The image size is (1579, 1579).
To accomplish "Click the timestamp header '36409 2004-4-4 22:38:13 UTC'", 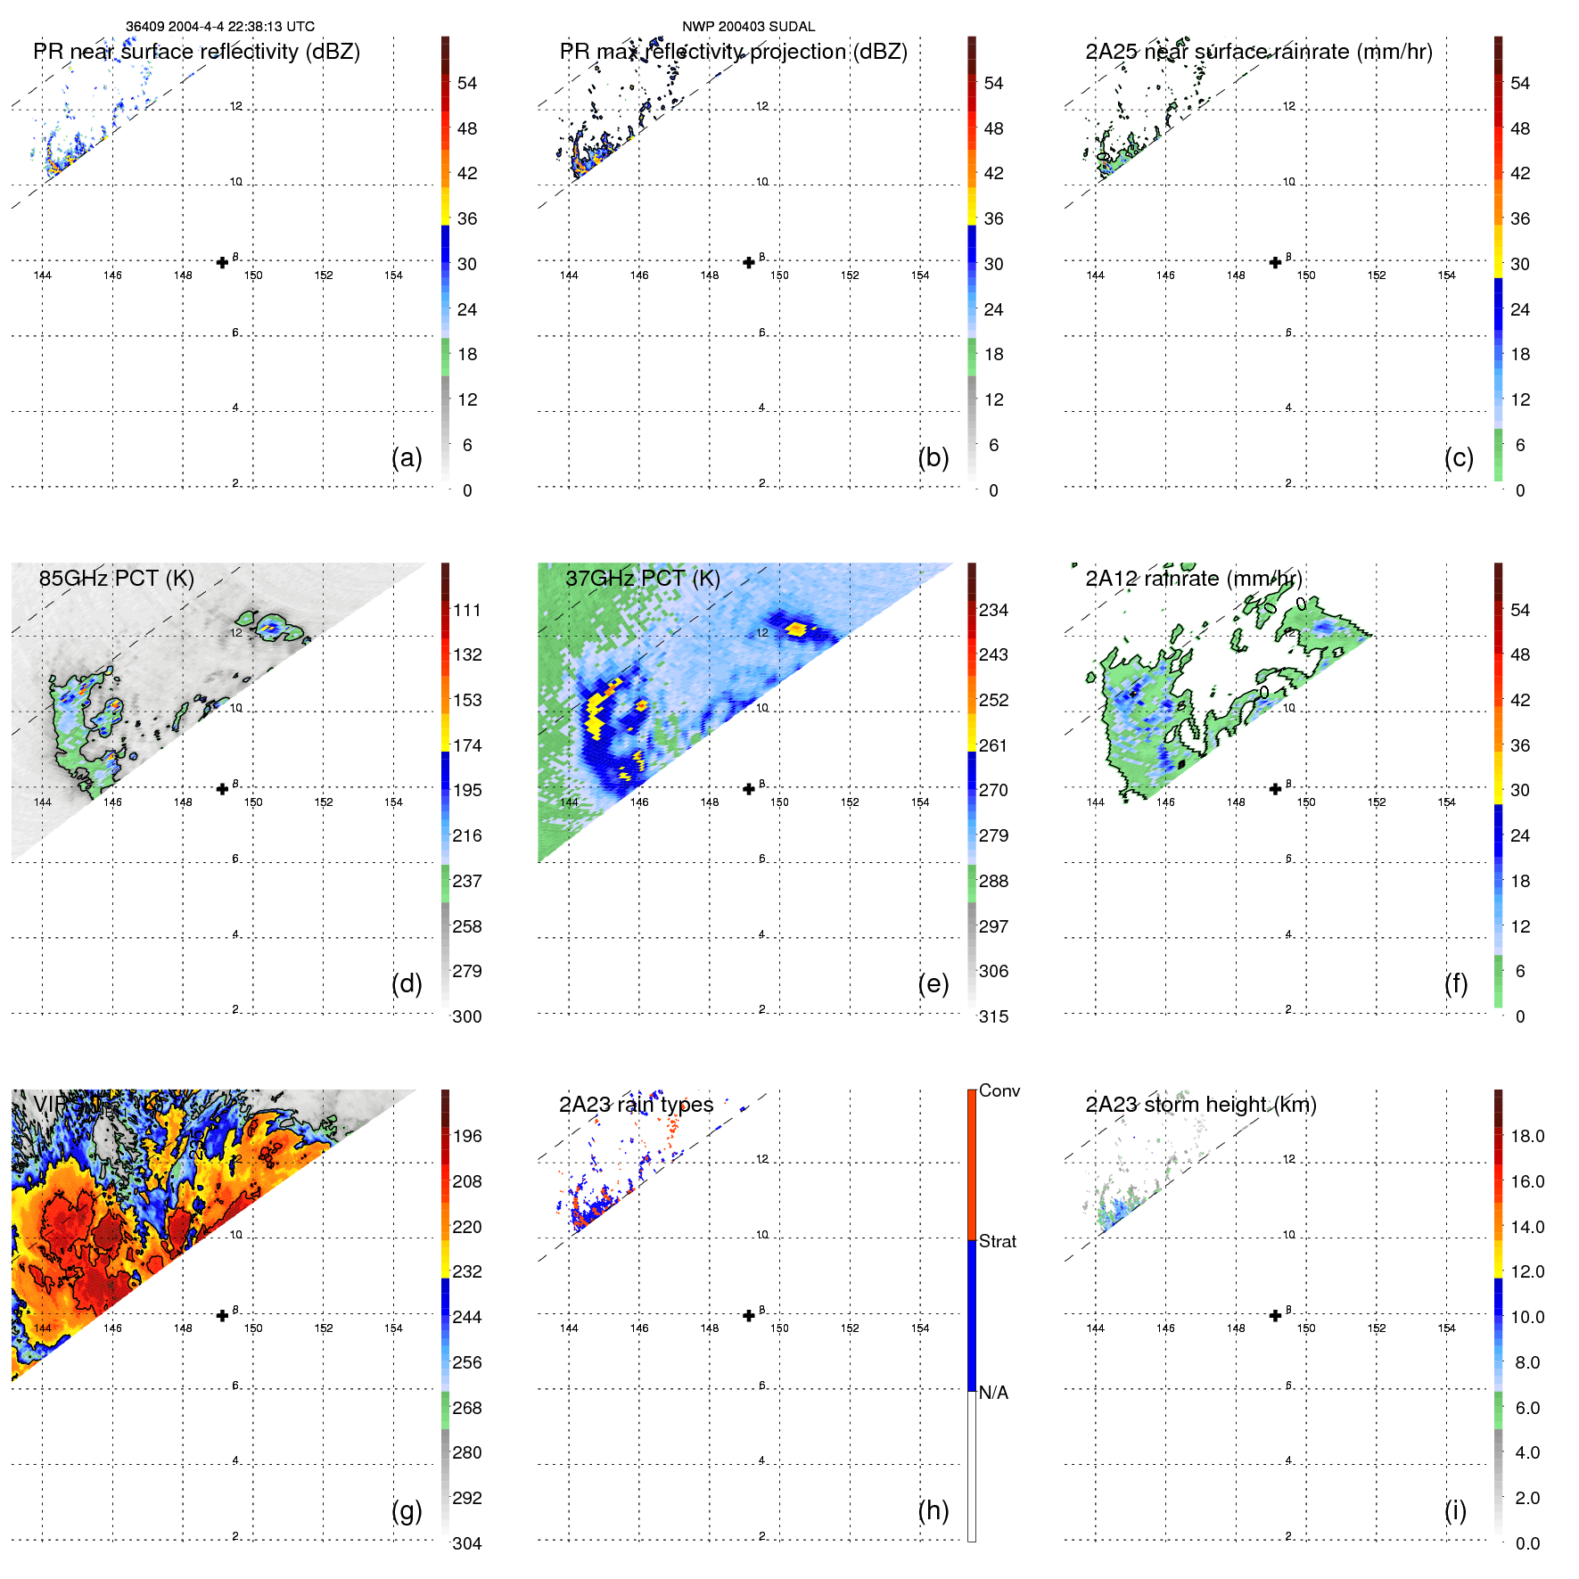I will point(219,27).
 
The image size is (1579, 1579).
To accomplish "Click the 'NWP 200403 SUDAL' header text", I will point(748,27).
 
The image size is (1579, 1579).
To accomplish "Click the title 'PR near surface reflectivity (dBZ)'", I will point(196,52).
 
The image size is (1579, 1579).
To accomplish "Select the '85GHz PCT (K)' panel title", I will point(116,578).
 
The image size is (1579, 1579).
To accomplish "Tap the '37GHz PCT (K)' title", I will point(642,578).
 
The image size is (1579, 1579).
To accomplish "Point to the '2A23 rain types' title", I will point(636,1105).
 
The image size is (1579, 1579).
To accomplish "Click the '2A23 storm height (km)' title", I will point(1200,1105).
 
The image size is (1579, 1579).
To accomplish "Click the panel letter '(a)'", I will point(407,457).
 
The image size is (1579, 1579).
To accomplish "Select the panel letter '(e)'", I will point(933,983).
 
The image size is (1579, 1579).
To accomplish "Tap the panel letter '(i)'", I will point(1455,1510).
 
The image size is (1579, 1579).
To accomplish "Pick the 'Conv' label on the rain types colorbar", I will point(999,1090).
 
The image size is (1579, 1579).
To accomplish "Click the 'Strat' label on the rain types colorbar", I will point(997,1241).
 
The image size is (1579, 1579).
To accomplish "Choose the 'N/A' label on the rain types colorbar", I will point(993,1393).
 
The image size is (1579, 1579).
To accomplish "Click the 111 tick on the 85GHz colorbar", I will point(467,610).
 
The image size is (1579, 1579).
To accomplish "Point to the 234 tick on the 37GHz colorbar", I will point(993,610).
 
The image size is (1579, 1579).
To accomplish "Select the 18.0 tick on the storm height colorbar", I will point(1526,1136).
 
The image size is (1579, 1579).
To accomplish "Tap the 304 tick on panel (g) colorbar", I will point(467,1543).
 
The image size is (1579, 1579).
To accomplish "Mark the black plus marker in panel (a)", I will point(222,262).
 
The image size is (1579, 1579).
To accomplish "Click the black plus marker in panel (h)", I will point(749,1315).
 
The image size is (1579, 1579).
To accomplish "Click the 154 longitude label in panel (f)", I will point(1446,802).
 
